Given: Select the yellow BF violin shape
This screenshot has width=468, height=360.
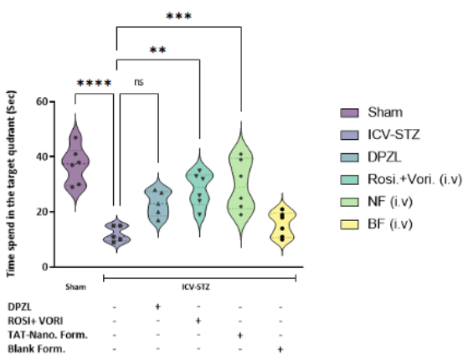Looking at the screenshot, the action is [x=282, y=224].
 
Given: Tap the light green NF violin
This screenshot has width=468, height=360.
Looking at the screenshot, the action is [x=241, y=184].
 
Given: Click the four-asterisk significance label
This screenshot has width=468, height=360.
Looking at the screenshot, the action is [x=95, y=83].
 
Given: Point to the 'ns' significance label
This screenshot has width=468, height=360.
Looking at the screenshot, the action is [x=139, y=82].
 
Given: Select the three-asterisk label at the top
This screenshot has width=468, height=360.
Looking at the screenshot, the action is [x=178, y=16].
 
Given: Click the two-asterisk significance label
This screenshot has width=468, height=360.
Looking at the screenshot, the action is [x=157, y=49].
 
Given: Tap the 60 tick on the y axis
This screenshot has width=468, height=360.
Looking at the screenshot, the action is [x=42, y=101].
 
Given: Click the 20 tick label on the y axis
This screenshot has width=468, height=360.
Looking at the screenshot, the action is [x=42, y=212].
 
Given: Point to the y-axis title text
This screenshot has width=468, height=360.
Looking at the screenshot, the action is [x=10, y=183].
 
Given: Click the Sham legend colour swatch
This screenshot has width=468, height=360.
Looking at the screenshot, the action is [x=349, y=113].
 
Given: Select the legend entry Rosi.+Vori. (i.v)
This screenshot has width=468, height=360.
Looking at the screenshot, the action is [x=414, y=180].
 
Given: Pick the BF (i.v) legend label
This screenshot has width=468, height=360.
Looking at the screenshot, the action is [x=390, y=224].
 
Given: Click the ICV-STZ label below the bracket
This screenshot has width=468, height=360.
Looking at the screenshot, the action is [x=196, y=287].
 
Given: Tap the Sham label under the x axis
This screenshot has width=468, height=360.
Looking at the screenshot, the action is [x=76, y=287].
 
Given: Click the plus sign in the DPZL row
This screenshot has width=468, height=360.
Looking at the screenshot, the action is [x=157, y=306].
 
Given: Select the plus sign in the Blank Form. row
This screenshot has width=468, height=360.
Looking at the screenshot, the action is [x=280, y=349].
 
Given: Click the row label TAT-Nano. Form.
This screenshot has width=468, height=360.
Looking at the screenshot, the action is [x=48, y=335].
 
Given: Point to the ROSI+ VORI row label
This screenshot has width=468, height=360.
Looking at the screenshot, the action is [x=35, y=321].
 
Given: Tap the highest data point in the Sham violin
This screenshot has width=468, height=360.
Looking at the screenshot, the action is [x=75, y=137].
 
